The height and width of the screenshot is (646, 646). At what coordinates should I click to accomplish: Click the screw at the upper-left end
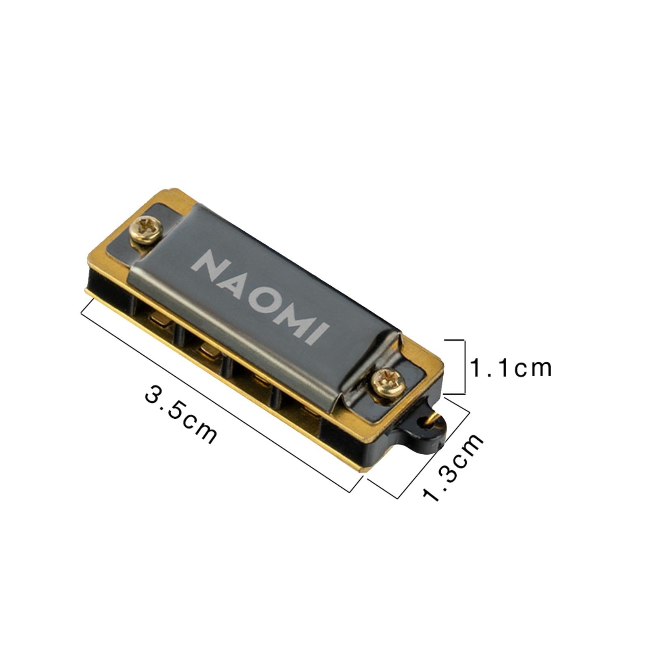147,230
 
